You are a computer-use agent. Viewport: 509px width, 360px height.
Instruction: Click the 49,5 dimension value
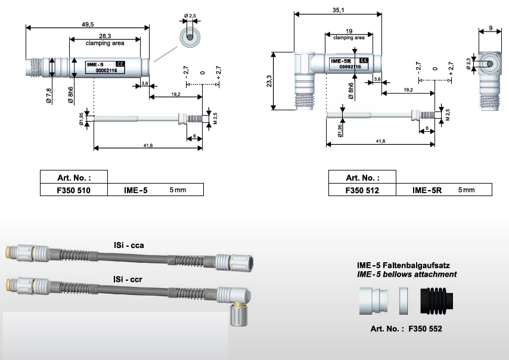[88, 24]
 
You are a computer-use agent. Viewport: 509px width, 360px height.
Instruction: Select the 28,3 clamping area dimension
[105, 36]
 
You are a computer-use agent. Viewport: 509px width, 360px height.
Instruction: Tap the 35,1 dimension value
[338, 10]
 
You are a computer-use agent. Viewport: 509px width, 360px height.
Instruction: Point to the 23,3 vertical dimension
[269, 81]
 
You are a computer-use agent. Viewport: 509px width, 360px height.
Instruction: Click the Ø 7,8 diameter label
[49, 96]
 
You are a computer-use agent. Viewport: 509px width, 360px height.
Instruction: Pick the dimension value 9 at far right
[491, 28]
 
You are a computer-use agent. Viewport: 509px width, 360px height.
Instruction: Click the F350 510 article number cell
[74, 190]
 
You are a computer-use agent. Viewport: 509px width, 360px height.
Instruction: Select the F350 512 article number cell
[362, 190]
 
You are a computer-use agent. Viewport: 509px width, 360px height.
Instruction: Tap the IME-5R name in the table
[427, 190]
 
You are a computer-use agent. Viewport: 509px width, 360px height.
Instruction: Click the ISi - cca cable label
[129, 245]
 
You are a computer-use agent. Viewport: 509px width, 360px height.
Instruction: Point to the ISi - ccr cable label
[128, 279]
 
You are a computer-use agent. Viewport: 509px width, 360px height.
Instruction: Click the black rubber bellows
[436, 301]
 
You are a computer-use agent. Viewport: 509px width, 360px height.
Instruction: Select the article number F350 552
[425, 329]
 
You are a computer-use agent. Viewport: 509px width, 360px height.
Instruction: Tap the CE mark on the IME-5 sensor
[120, 64]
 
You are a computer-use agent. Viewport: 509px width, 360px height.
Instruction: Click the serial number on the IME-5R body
[350, 67]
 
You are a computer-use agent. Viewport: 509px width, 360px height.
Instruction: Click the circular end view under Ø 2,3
[190, 37]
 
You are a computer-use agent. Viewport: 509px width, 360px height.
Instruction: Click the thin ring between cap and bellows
[404, 301]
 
